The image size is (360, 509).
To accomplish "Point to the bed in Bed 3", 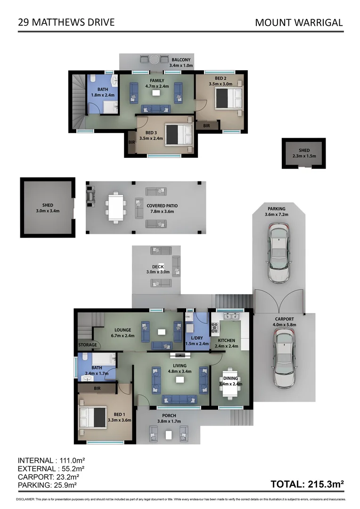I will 178,134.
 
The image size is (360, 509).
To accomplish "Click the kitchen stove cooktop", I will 214,327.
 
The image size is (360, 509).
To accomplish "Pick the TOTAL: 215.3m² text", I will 307,484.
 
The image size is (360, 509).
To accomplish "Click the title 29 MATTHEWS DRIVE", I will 66,22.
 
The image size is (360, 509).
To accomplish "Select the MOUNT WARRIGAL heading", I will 298,22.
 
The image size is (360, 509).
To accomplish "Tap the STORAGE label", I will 88,345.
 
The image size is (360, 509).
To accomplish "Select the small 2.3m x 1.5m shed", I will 304,153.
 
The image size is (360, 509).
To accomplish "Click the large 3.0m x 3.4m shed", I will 47,208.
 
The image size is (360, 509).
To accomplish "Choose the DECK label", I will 157,267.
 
